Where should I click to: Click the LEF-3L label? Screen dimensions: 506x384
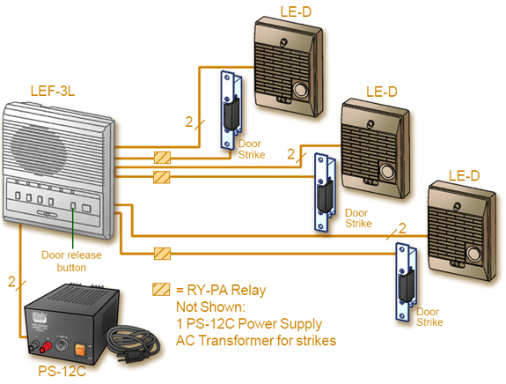tap(53, 91)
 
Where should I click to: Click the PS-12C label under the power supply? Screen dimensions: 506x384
tap(62, 371)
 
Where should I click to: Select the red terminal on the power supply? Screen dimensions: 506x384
tap(46, 346)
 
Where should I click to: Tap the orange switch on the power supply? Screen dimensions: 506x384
tap(80, 350)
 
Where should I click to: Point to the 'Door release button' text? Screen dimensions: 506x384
tap(71, 261)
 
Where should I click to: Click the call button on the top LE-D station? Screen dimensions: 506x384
tap(300, 89)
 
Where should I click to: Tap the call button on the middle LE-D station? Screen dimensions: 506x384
tap(387, 171)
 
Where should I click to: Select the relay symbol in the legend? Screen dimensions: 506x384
tap(161, 290)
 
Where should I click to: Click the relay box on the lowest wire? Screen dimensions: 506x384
tap(162, 254)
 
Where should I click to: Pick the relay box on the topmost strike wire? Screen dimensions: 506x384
tap(162, 158)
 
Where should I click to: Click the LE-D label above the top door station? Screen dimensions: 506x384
tap(296, 12)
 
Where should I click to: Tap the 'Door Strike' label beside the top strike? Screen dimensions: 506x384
tap(252, 149)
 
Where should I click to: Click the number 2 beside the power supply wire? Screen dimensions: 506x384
tap(11, 282)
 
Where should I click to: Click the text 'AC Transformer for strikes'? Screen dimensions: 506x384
tap(256, 340)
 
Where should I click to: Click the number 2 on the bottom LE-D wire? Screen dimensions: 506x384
tap(402, 228)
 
